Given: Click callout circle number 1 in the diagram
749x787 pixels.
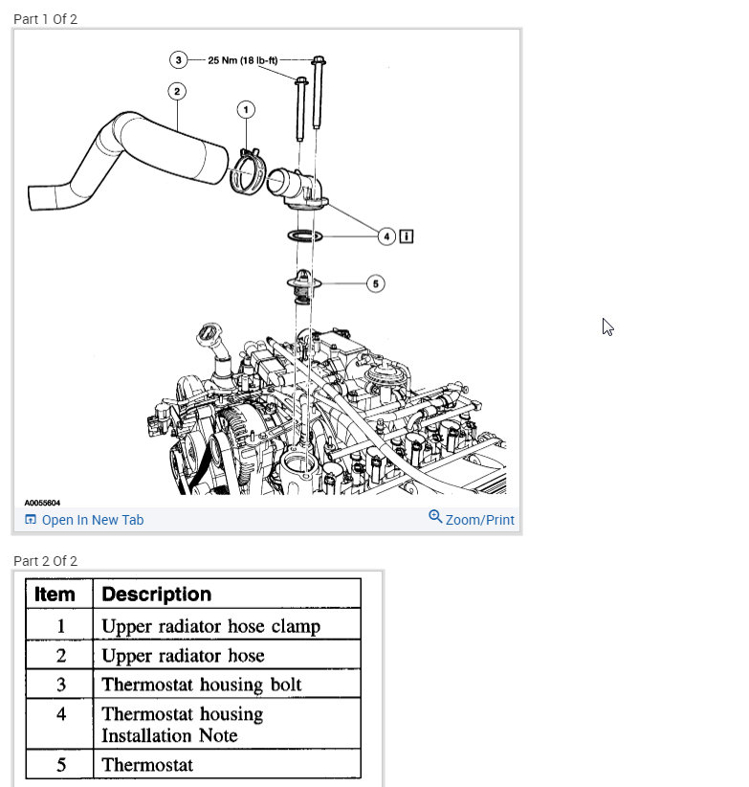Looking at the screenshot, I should click(x=247, y=110).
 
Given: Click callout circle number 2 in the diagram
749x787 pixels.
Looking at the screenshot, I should click(x=176, y=91).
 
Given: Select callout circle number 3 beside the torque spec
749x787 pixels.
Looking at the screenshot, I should click(x=179, y=59).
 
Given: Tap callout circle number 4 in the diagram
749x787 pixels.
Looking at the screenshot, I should click(x=386, y=236).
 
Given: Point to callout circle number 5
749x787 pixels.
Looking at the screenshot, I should click(x=376, y=283).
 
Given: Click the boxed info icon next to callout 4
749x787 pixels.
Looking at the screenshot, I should click(x=407, y=236).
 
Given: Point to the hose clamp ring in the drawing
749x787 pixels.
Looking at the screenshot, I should click(x=249, y=175).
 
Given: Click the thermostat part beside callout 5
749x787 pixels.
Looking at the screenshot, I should click(x=302, y=286).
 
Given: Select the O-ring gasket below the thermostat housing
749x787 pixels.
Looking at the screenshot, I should click(x=303, y=236).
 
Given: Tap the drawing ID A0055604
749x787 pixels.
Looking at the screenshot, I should click(x=42, y=503).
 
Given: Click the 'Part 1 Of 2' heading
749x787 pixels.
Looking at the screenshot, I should click(x=45, y=19).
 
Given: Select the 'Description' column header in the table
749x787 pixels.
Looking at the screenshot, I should click(x=156, y=594).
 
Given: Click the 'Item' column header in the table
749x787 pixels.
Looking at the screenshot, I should click(x=55, y=594).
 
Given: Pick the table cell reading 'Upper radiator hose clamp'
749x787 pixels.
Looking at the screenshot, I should click(x=210, y=627).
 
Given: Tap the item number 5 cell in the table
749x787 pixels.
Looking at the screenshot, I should click(x=60, y=765).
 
